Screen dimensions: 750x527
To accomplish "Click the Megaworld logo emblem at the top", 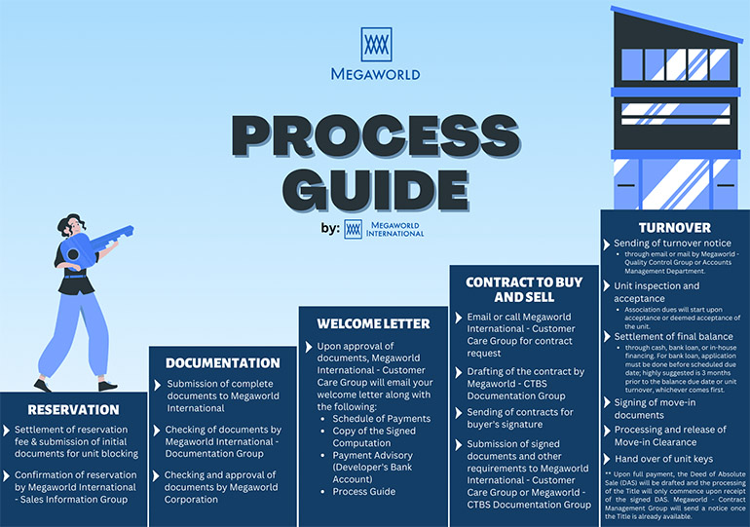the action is click(x=376, y=45).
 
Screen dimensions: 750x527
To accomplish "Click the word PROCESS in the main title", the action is click(x=376, y=135).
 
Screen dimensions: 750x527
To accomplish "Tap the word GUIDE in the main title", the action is click(x=376, y=189).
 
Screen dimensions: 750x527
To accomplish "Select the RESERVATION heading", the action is click(x=73, y=410).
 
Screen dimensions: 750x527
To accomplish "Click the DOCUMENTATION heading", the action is click(x=223, y=363).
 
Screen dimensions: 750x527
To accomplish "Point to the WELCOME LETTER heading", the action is click(x=374, y=323).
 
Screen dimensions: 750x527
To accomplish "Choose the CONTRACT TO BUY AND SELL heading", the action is click(x=524, y=289).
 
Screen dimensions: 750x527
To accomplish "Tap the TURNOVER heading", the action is click(x=674, y=228).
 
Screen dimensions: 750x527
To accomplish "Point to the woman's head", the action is click(x=72, y=225).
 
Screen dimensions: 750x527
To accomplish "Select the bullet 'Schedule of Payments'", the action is click(x=382, y=419).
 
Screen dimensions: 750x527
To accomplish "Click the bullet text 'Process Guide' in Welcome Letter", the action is click(x=364, y=492).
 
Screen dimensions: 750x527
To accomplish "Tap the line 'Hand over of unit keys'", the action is click(x=664, y=459).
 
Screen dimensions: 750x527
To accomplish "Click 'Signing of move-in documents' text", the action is click(x=655, y=409).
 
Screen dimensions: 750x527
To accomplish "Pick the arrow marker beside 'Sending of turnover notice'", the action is click(x=607, y=245).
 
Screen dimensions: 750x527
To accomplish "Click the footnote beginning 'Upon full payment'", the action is click(x=675, y=496).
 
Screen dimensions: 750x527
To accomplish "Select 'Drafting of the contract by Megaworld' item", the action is click(x=526, y=384).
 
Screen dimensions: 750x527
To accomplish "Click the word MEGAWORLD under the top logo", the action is click(x=375, y=74).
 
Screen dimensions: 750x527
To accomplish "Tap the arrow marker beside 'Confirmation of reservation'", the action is click(x=6, y=475).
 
